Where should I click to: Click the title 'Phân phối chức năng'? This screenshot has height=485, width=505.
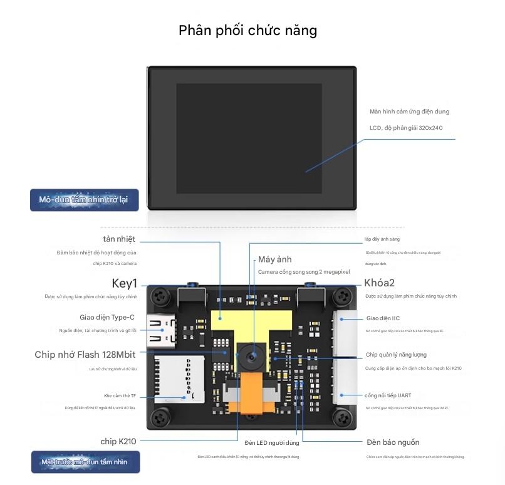[247, 30]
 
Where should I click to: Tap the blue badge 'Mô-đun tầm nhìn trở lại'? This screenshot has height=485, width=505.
[84, 200]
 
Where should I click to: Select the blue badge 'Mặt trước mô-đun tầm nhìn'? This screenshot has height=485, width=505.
[85, 462]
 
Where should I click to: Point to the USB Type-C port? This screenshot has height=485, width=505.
[162, 330]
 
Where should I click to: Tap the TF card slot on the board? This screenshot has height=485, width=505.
[179, 377]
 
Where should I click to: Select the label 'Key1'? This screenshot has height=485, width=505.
[124, 283]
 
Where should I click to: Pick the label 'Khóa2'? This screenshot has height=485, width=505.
[379, 283]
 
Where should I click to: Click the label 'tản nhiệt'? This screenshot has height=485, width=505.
[119, 239]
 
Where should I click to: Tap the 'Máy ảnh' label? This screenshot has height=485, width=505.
[274, 259]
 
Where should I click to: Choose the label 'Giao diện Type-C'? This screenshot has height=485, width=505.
[107, 318]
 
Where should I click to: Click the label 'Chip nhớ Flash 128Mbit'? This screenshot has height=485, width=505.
[85, 355]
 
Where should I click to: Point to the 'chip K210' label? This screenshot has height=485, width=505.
[118, 441]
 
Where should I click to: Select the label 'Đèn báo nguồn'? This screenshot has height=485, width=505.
[393, 442]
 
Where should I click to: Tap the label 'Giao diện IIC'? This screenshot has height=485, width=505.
[383, 318]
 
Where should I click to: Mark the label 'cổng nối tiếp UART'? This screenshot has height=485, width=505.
[388, 395]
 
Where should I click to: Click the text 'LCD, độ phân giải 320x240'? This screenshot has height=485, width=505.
[406, 128]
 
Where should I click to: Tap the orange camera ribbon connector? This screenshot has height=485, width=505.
[253, 400]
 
